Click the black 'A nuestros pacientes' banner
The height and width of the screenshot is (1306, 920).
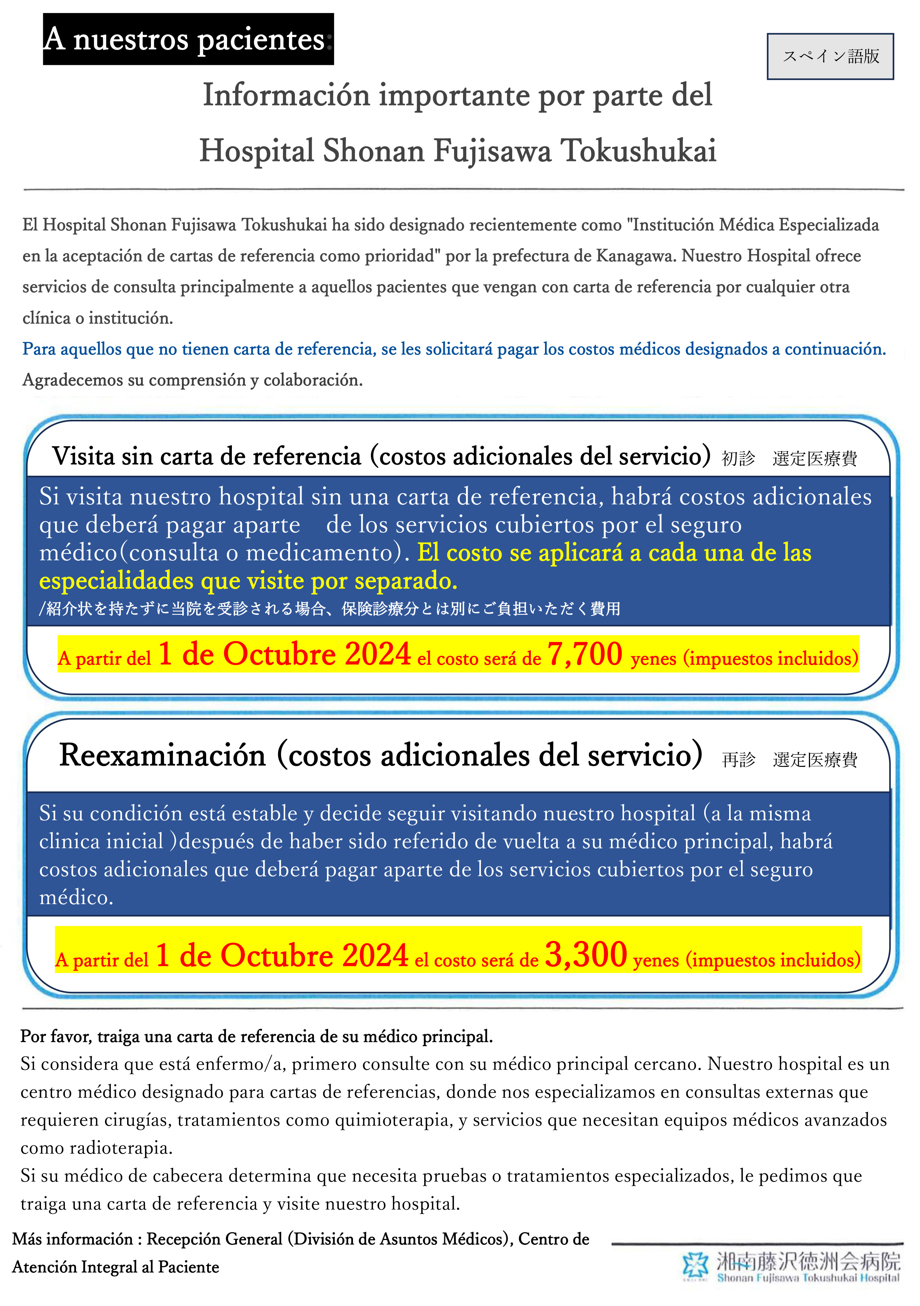(188, 39)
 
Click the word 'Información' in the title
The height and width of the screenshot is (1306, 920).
(287, 95)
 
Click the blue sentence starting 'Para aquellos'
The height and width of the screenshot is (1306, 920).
(454, 349)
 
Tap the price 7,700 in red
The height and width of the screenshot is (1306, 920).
(585, 654)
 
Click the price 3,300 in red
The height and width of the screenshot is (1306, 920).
(586, 955)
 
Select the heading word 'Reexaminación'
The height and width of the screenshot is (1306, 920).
(163, 755)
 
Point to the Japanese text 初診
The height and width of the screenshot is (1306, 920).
(738, 459)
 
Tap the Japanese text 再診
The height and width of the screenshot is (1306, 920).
(738, 759)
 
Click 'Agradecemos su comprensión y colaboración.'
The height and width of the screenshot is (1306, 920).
(192, 380)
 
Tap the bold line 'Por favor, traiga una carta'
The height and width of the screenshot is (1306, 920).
(256, 1036)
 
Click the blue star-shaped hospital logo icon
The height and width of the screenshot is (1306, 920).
(695, 1265)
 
